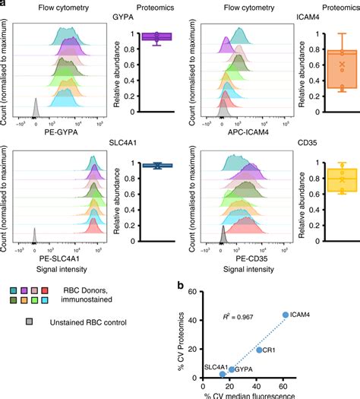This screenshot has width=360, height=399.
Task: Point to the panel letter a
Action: (4, 5)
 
